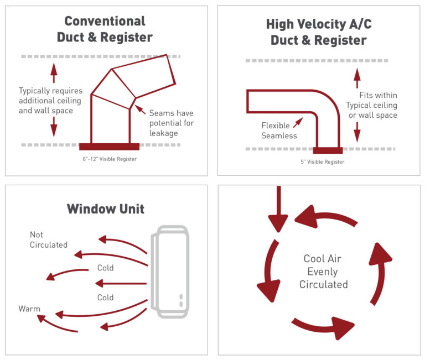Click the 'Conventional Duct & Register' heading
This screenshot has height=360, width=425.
105,29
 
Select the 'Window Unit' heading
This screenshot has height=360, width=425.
105,209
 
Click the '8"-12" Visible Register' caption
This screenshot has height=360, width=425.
109,159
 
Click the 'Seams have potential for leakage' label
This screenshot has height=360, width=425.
172,123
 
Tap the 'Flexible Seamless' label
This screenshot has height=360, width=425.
279,131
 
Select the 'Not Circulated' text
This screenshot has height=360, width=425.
49,239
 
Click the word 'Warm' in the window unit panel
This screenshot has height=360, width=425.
29,309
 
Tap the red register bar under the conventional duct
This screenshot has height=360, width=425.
109,147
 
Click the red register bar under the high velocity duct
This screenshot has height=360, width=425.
327,149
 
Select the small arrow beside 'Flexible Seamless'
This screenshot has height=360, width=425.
299,121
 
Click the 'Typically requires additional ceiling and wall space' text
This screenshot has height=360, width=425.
50,101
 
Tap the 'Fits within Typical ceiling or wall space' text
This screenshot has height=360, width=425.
371,105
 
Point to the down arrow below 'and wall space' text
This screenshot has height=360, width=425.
54,128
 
